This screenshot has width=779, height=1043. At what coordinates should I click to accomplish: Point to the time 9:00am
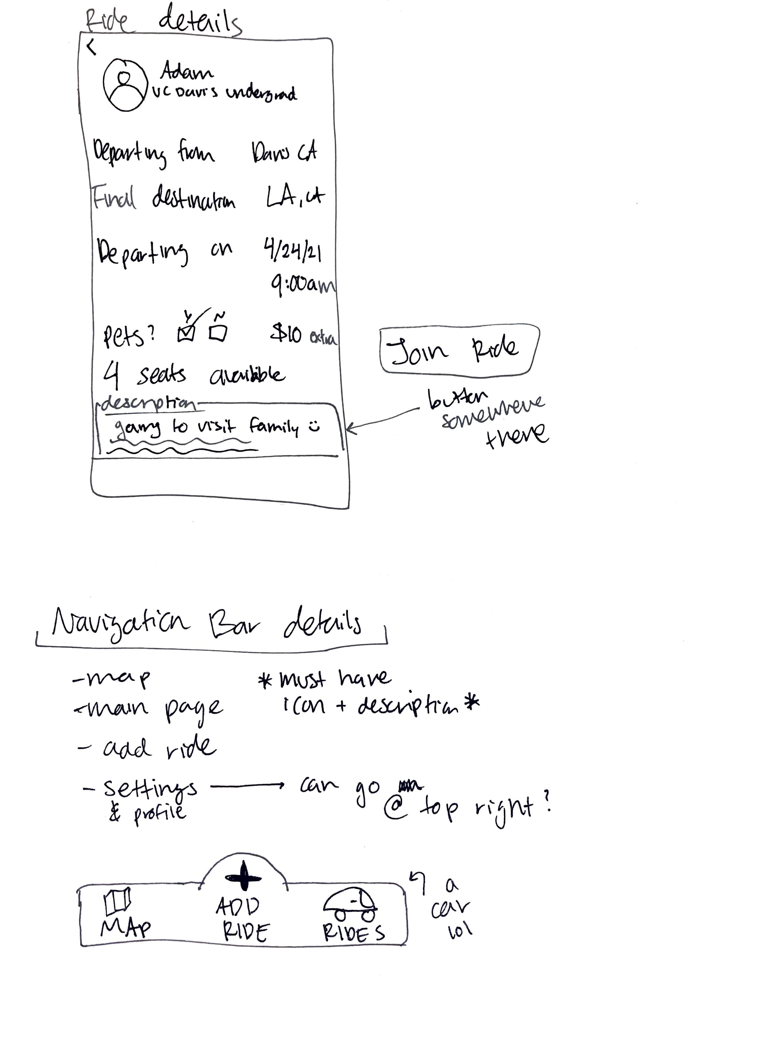coord(303,285)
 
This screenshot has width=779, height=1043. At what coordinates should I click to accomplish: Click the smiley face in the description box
coord(314,427)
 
